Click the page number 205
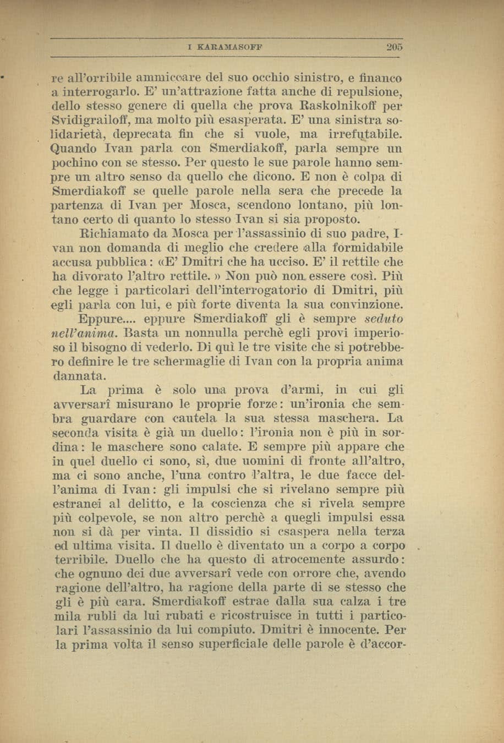(393, 47)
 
